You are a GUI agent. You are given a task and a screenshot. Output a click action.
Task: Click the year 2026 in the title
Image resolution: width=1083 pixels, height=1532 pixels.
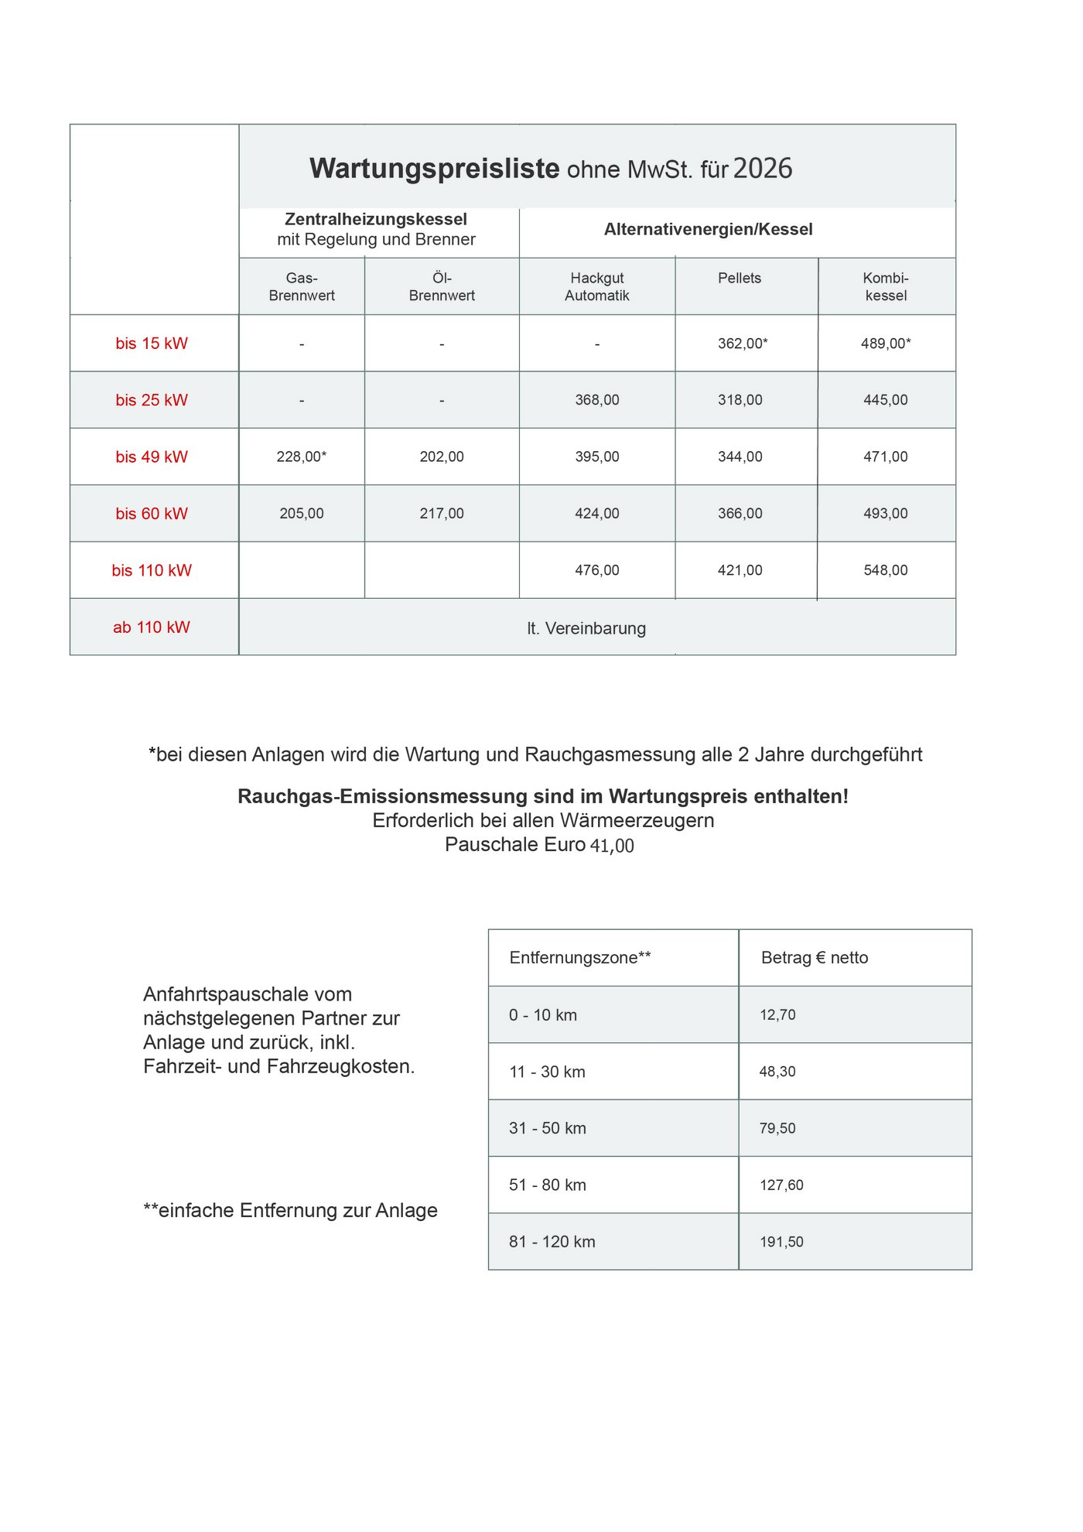pyautogui.click(x=763, y=169)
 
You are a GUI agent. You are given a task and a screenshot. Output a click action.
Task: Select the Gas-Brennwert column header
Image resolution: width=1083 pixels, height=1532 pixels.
pyautogui.click(x=302, y=286)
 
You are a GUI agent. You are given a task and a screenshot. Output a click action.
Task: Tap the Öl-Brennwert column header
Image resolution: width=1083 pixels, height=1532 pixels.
pyautogui.click(x=442, y=286)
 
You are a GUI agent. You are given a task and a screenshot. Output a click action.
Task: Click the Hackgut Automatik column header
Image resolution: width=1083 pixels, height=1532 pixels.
pyautogui.click(x=596, y=286)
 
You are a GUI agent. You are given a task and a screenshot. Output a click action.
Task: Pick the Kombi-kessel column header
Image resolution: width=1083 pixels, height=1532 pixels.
pyautogui.click(x=886, y=286)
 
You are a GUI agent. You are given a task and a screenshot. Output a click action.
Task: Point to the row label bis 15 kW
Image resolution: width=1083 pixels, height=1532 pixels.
pyautogui.click(x=152, y=344)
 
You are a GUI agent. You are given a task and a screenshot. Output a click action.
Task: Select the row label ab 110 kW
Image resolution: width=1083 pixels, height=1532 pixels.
pyautogui.click(x=152, y=628)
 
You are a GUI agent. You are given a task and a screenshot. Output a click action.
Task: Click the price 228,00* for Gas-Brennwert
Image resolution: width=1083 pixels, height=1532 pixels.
pyautogui.click(x=302, y=457)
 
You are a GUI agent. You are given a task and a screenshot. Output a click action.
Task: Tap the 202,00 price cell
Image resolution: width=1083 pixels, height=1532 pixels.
pyautogui.click(x=442, y=457)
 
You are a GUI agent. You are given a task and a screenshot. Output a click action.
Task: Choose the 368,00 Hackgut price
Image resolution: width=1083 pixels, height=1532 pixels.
pyautogui.click(x=596, y=400)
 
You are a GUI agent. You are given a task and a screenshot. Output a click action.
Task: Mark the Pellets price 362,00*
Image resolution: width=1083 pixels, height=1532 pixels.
pyautogui.click(x=743, y=344)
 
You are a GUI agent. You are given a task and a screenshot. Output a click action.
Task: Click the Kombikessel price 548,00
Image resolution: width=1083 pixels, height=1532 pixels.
pyautogui.click(x=886, y=570)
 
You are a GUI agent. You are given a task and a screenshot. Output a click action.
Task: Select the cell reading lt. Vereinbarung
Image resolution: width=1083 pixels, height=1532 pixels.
pyautogui.click(x=586, y=628)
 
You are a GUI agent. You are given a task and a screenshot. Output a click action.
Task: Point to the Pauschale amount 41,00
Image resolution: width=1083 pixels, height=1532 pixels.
pyautogui.click(x=612, y=846)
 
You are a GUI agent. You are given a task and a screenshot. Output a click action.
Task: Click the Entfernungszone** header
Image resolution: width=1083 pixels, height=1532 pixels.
pyautogui.click(x=580, y=958)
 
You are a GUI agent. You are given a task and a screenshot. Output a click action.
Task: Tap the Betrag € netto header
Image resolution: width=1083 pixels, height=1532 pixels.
pyautogui.click(x=815, y=958)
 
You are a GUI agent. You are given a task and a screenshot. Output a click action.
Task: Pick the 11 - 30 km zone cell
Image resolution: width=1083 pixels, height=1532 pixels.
pyautogui.click(x=548, y=1072)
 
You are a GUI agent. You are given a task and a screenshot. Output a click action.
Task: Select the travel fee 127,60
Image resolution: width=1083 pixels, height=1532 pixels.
pyautogui.click(x=781, y=1185)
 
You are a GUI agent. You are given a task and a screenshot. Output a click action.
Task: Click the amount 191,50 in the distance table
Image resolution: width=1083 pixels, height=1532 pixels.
pyautogui.click(x=781, y=1242)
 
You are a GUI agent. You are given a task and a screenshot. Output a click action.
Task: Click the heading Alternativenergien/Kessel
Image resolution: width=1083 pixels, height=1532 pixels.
pyautogui.click(x=709, y=229)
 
